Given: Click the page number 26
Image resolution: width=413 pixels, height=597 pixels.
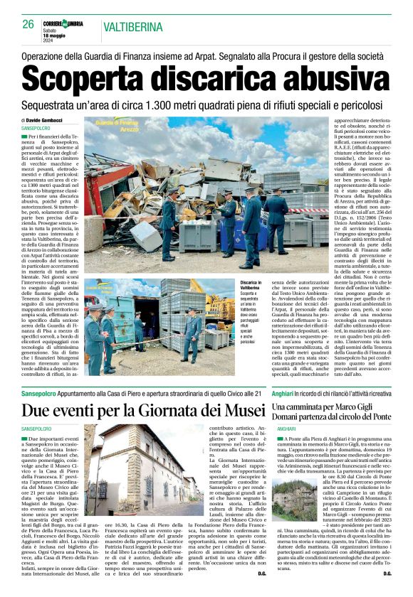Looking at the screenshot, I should pos(28,24).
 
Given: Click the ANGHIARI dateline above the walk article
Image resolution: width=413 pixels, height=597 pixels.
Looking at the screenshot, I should pos(286,430).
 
